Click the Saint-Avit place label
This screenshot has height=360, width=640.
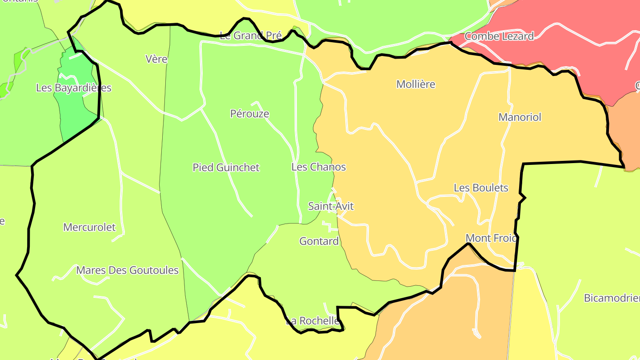[331, 206]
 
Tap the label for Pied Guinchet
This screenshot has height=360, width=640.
[226, 168]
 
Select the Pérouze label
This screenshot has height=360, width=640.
[249, 114]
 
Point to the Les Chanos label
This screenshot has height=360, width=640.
[318, 167]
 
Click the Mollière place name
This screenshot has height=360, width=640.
[416, 84]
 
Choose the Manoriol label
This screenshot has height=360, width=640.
[520, 117]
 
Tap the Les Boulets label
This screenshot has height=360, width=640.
[480, 188]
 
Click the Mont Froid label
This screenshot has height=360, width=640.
[492, 238]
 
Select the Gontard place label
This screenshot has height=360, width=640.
[319, 241]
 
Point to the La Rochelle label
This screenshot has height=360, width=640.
[312, 321]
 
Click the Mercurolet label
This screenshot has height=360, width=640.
[89, 228]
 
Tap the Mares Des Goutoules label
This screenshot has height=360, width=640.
[127, 270]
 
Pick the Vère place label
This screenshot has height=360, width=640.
[156, 59]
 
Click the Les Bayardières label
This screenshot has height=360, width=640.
[73, 88]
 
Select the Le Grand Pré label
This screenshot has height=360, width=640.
[251, 36]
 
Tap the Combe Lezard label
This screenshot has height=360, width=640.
[499, 36]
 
